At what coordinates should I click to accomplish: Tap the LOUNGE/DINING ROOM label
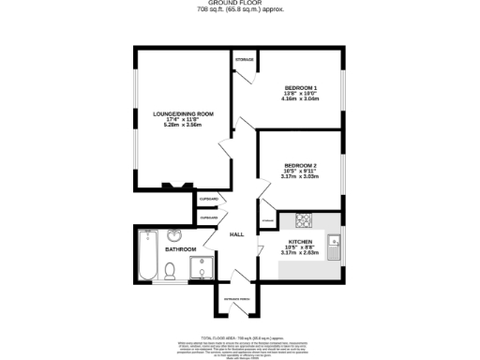pos(184,113)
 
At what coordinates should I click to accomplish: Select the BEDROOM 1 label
pos(301,88)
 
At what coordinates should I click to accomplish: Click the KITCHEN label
pos(299,241)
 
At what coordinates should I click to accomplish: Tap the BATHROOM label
pos(181,249)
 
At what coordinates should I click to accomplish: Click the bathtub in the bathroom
pos(145,254)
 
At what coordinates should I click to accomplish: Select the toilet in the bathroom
pos(170,272)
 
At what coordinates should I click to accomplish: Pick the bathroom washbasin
pos(176,235)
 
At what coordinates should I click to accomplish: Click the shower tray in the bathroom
pos(199,271)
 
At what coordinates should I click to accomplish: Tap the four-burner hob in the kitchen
pos(305,221)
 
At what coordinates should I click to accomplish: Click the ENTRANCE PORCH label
pos(237,300)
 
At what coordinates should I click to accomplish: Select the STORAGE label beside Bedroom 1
pos(245,60)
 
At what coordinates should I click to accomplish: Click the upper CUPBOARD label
pos(208,199)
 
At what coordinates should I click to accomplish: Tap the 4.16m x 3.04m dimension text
pos(301,98)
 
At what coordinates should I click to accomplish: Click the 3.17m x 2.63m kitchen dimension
pos(299,253)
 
